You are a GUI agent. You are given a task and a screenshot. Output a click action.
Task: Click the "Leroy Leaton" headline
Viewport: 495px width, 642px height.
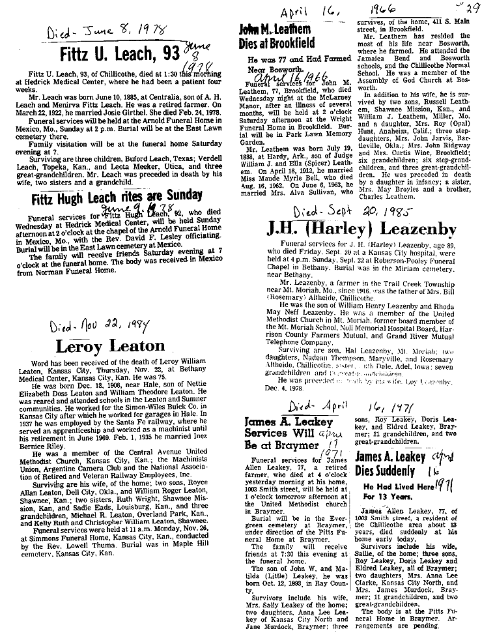pyautogui.click(x=110, y=345)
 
